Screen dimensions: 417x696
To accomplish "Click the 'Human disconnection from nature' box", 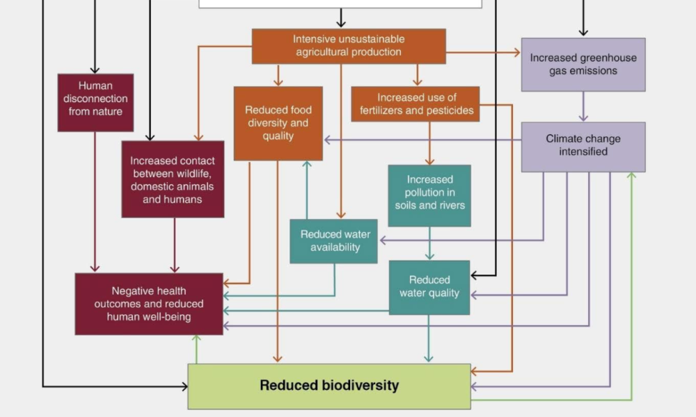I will coord(95,102).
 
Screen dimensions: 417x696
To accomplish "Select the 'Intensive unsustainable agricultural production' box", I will coord(348,46).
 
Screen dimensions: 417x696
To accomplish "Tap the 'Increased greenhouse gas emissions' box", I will coord(583,65).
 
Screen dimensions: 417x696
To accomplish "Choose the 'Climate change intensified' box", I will coord(583,147).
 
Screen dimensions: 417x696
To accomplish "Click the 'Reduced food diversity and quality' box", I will coord(278,124).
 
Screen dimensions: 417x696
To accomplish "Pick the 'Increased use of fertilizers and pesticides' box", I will coord(416,104).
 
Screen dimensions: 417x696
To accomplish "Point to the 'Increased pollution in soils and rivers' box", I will coord(429,195).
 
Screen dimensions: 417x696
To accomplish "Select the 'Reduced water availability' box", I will coord(333,241).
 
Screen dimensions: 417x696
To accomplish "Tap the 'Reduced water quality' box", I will coord(429,287).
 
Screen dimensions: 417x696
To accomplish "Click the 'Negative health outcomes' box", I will coord(149,304).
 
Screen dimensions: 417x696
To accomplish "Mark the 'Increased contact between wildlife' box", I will coord(173,179).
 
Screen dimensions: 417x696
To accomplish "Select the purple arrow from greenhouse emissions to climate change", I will coord(583,107).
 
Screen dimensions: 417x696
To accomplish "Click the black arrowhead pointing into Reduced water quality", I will coord(475,275).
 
